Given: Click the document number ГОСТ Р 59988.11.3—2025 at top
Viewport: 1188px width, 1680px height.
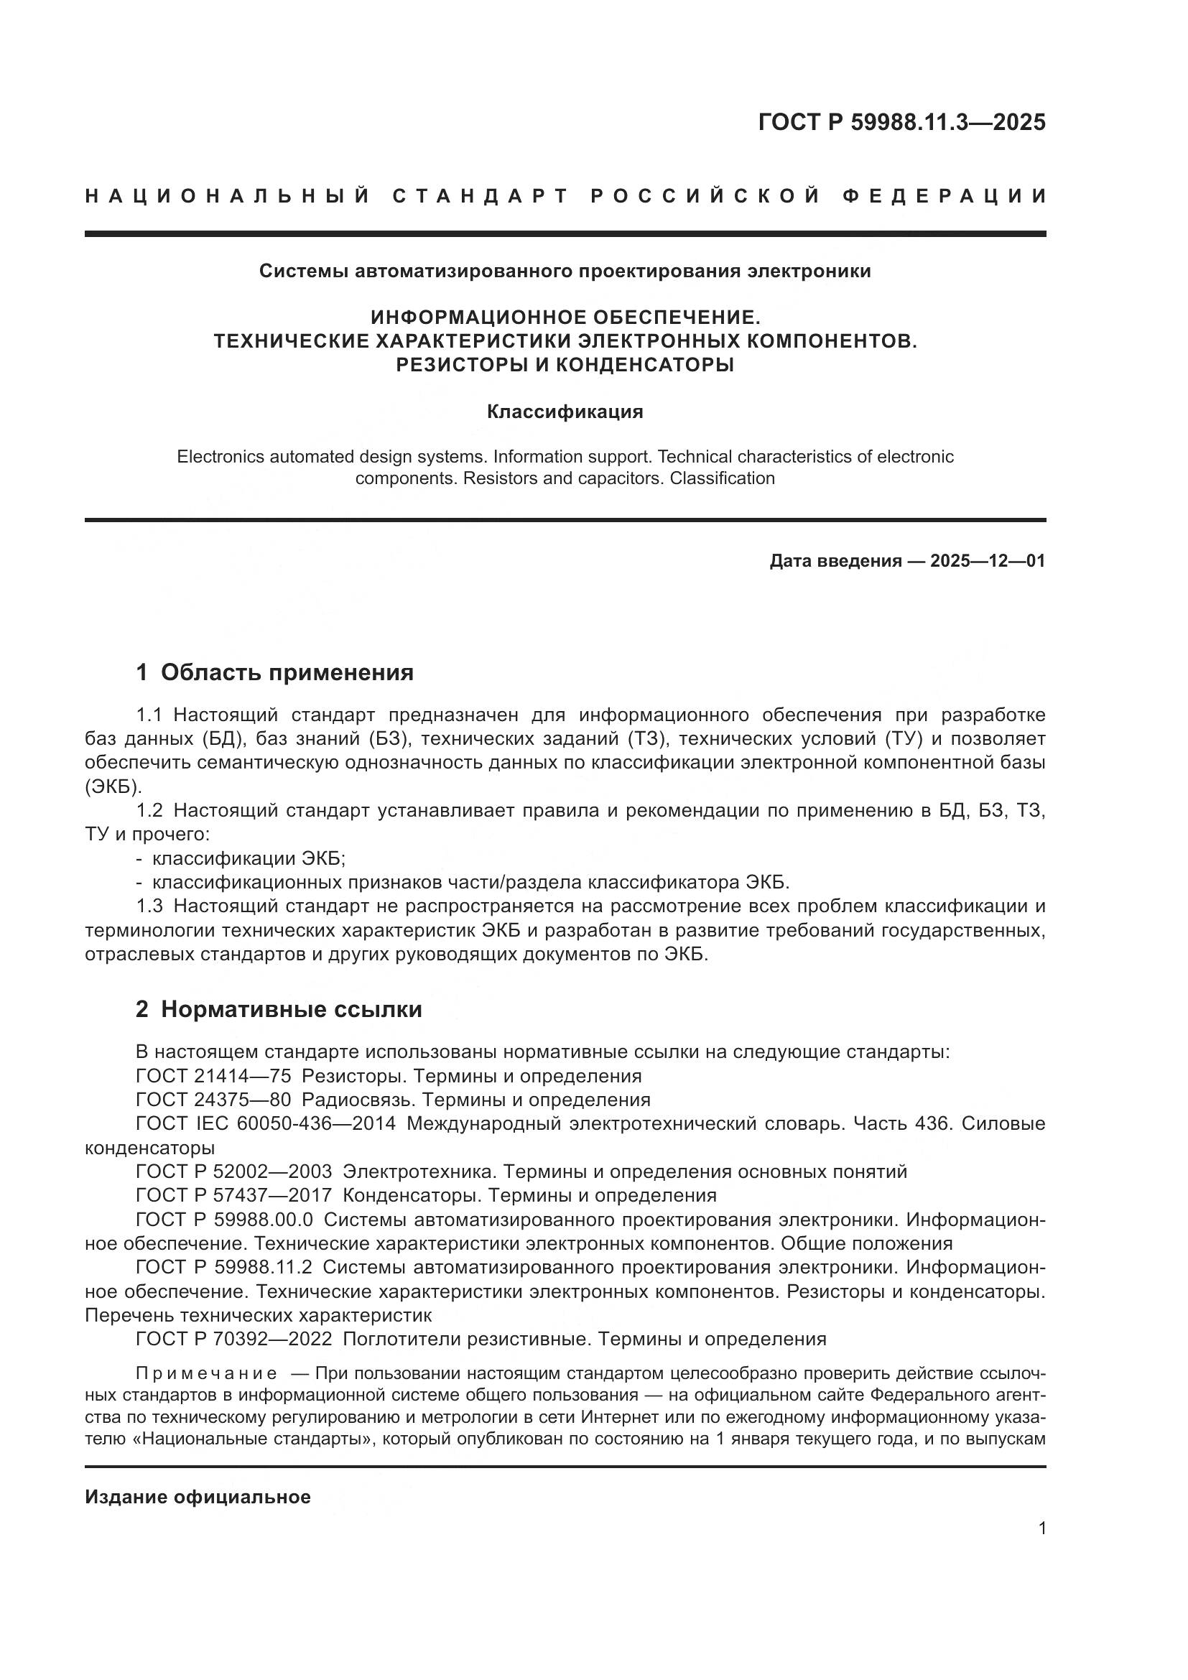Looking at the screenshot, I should pos(901,122).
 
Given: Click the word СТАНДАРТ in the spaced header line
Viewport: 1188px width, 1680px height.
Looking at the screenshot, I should pos(481,196).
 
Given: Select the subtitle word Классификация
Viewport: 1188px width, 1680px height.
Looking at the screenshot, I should pos(565,412).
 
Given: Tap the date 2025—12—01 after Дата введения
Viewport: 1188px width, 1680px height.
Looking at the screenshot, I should pos(987,561).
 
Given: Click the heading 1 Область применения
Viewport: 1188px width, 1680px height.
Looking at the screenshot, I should pos(275,672).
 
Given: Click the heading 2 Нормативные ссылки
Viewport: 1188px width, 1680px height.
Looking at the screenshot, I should pos(279,1009).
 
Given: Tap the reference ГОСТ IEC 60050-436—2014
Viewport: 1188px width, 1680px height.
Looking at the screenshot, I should pos(266,1124).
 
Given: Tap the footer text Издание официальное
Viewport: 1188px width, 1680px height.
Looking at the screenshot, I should pos(198,1497).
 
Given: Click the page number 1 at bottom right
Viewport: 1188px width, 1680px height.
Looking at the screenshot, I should pos(1041,1528).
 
